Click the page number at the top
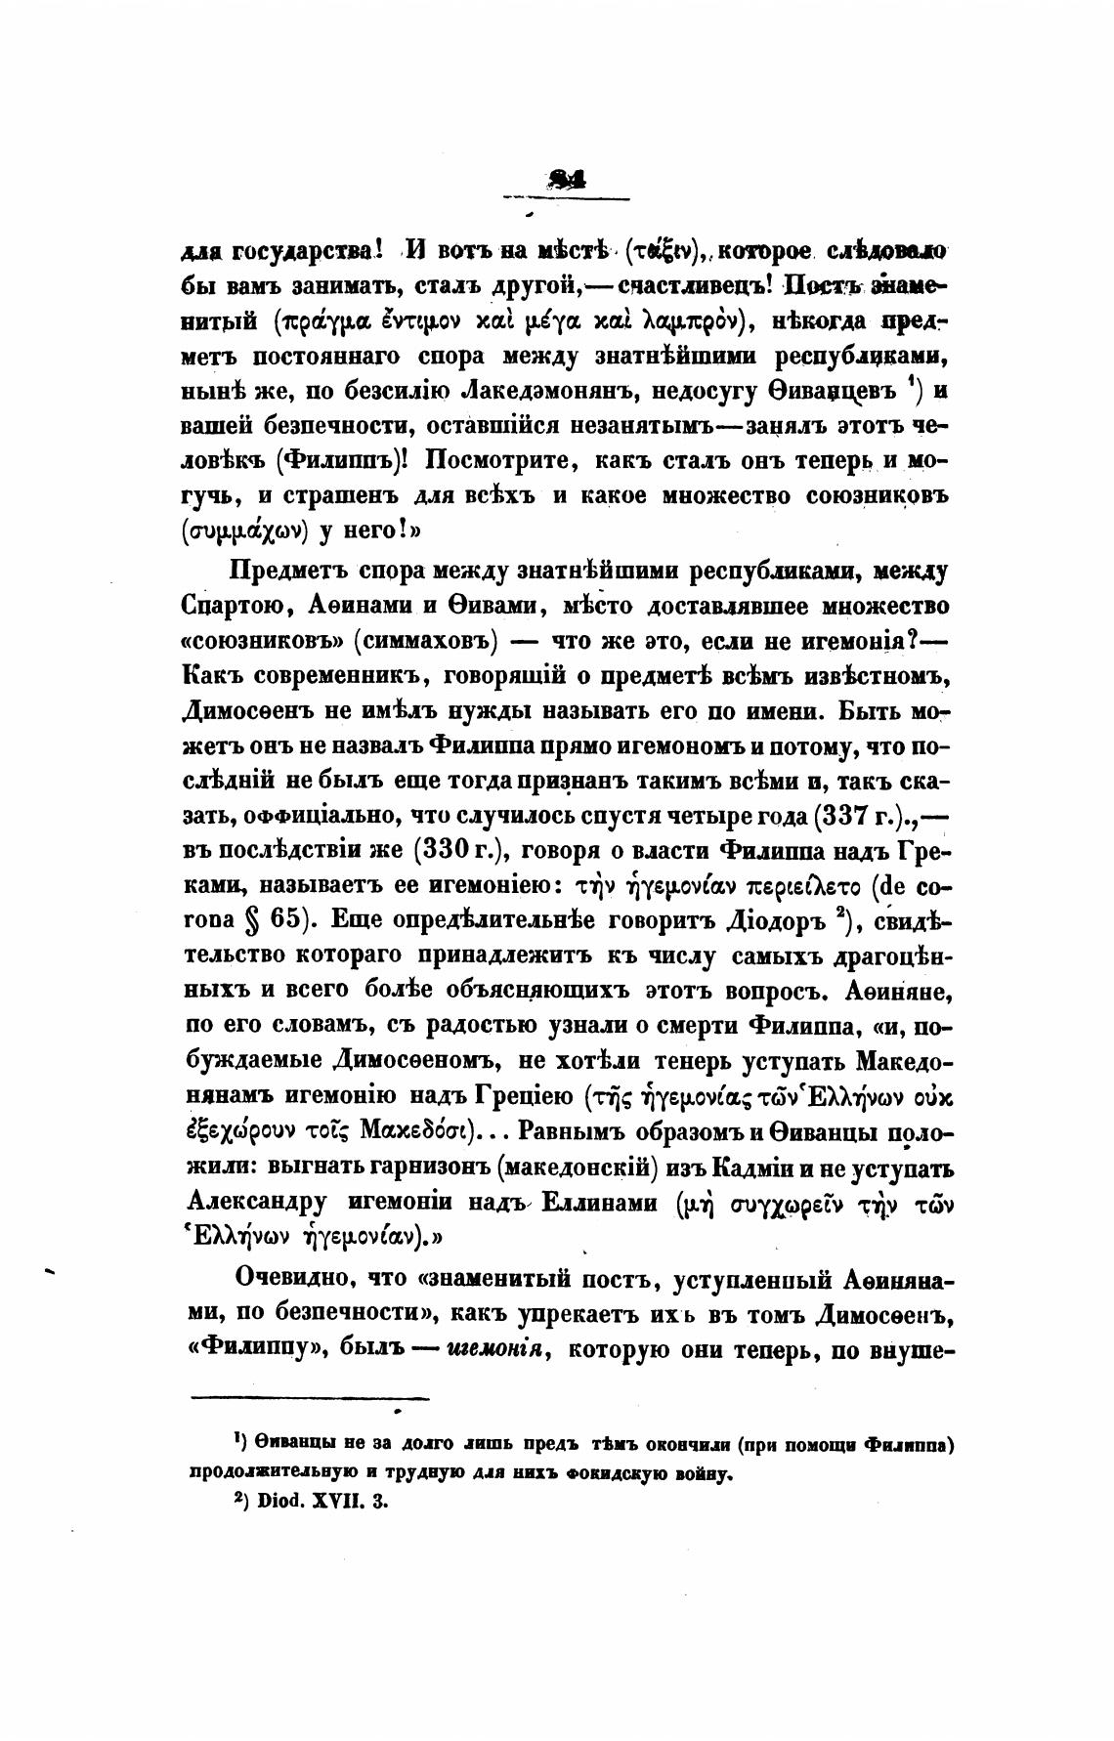pos(566,179)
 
